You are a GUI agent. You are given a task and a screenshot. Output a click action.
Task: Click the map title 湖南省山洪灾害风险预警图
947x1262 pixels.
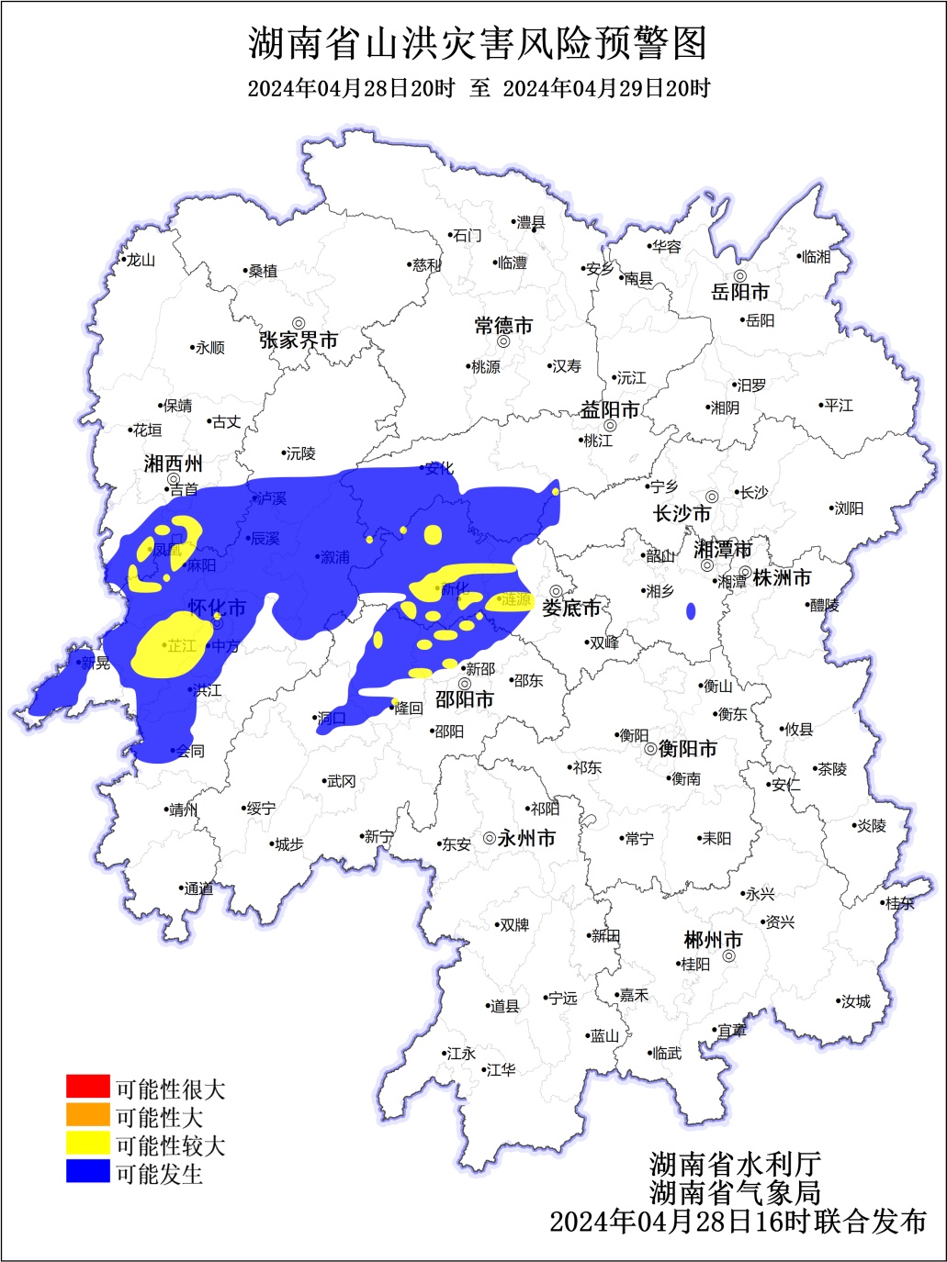click(478, 43)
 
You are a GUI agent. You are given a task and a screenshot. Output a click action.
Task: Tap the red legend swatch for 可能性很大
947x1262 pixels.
click(87, 1087)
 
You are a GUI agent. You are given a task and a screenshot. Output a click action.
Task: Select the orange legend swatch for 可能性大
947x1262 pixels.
click(87, 1115)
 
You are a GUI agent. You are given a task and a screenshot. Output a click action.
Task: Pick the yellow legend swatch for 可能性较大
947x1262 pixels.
click(87, 1143)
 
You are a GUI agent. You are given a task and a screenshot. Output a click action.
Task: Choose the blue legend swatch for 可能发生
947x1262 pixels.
click(87, 1171)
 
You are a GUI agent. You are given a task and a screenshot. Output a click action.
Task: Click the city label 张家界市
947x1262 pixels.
click(299, 341)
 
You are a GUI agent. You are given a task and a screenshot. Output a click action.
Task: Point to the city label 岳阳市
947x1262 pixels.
click(740, 293)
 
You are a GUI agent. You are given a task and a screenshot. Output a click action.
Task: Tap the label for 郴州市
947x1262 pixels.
click(713, 941)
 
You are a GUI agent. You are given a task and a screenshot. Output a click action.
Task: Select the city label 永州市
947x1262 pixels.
click(526, 838)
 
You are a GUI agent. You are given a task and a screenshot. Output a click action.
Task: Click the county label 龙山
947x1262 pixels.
click(141, 261)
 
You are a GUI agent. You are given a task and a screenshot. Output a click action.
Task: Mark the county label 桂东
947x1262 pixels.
click(899, 903)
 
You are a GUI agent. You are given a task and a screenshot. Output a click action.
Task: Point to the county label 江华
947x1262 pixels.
click(502, 1070)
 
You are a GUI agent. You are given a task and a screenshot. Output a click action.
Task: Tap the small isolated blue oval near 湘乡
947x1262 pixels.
click(691, 611)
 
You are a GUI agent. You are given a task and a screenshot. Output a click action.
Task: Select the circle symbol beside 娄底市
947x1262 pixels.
click(556, 592)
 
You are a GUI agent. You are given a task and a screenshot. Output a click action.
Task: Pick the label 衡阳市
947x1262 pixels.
click(687, 749)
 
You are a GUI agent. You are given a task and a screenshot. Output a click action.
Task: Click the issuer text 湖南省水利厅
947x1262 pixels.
click(734, 1165)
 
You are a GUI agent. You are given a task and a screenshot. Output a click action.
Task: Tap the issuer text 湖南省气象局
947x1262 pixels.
click(734, 1192)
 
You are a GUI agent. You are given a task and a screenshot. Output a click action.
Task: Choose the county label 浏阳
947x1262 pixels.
click(848, 508)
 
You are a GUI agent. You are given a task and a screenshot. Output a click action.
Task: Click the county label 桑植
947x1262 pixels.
click(263, 272)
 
